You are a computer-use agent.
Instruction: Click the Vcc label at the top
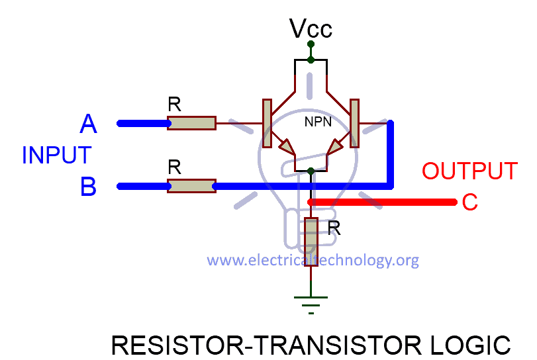coord(311,28)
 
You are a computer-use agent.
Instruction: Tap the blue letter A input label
coord(88,124)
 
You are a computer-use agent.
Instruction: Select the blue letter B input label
coord(88,187)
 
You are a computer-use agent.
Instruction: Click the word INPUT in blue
coord(56,156)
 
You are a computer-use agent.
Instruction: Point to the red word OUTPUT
coord(469,171)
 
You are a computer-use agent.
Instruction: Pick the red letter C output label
coord(469,202)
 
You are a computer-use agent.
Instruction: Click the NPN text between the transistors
coord(318,122)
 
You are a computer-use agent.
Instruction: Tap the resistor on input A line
coord(191,123)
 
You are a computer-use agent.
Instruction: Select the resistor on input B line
coord(191,186)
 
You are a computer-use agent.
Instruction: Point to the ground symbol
coord(311,300)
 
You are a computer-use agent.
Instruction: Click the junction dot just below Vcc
coord(311,60)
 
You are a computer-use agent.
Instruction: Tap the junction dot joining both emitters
coord(311,171)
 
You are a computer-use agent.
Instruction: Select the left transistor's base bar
coord(268,123)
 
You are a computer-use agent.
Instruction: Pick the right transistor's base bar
coord(354,123)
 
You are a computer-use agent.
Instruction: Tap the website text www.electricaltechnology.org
coord(313,260)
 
